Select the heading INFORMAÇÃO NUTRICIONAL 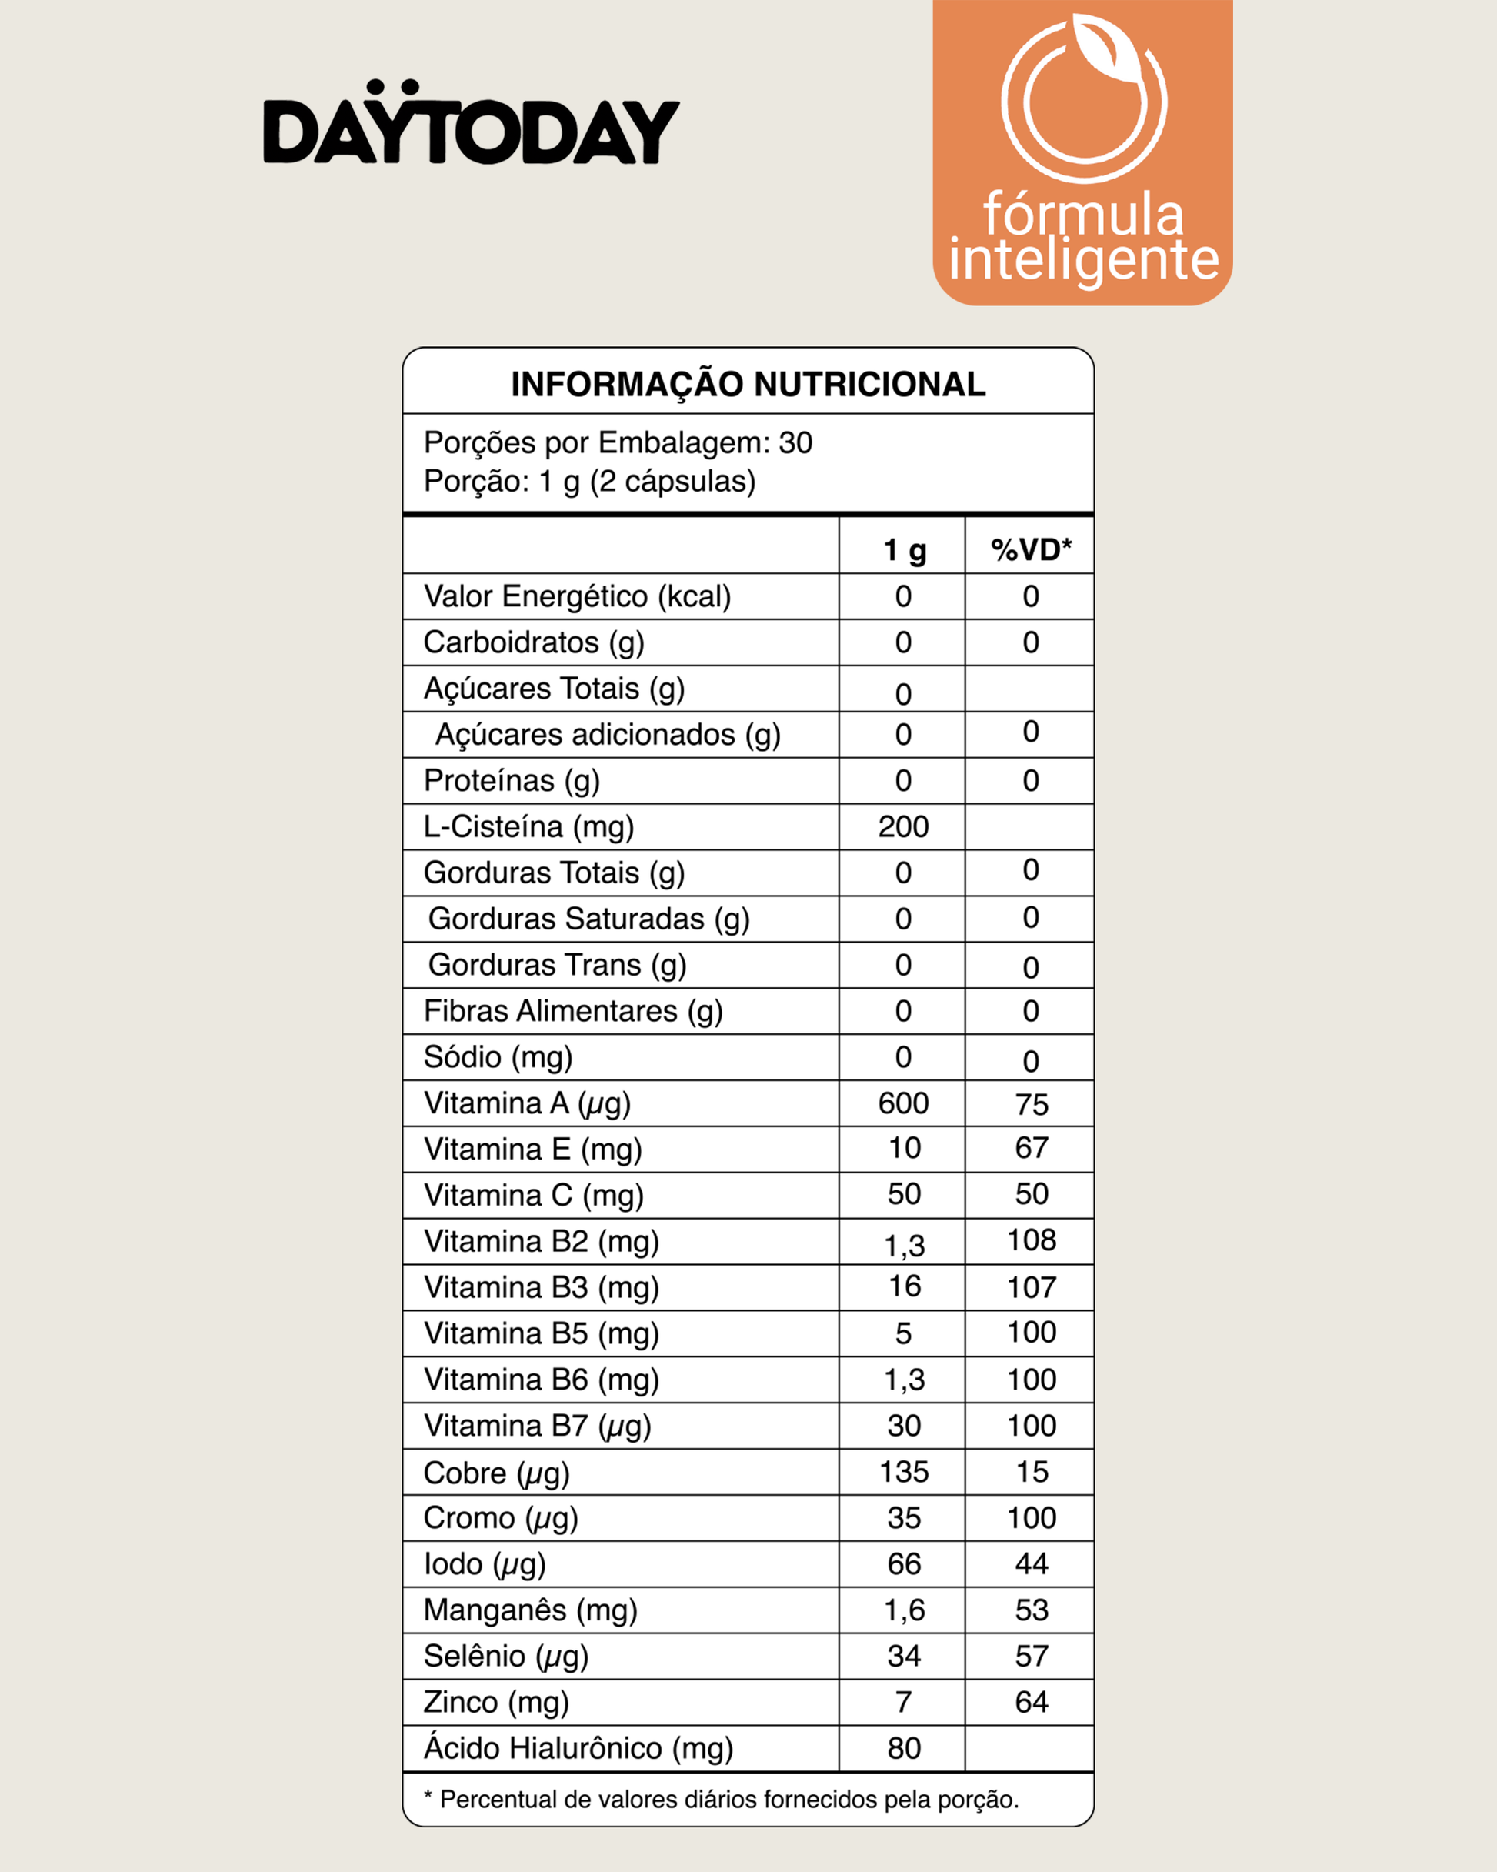tap(748, 384)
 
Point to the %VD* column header tap(1031, 549)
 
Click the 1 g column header tap(904, 550)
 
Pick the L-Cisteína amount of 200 tap(903, 826)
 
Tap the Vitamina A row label tap(527, 1103)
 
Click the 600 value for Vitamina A tap(903, 1103)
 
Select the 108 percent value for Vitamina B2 tap(1031, 1240)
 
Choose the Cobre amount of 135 tap(903, 1472)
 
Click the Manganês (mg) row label tap(531, 1610)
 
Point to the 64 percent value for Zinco tap(1031, 1702)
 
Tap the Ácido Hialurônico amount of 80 tap(903, 1748)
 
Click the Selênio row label tap(506, 1656)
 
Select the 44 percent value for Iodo tap(1031, 1563)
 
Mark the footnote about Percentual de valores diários tap(721, 1799)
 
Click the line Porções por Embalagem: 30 tap(618, 443)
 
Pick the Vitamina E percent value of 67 tap(1031, 1148)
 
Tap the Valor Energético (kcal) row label tap(578, 596)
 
